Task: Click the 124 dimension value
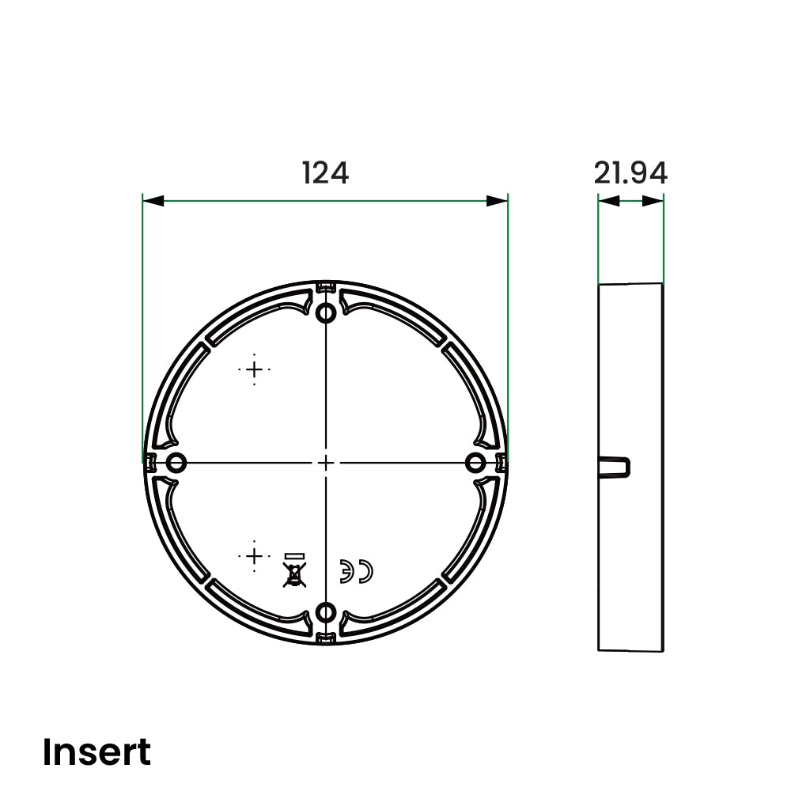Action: tap(325, 172)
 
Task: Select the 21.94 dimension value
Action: tap(630, 172)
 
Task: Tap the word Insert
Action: tap(97, 751)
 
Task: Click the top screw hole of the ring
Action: tap(326, 312)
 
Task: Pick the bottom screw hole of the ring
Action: tap(326, 614)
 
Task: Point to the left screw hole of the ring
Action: tap(176, 462)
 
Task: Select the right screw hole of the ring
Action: tap(475, 463)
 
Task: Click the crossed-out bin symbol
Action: tap(294, 570)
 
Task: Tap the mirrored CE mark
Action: tap(356, 571)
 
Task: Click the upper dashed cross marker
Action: tap(254, 369)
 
